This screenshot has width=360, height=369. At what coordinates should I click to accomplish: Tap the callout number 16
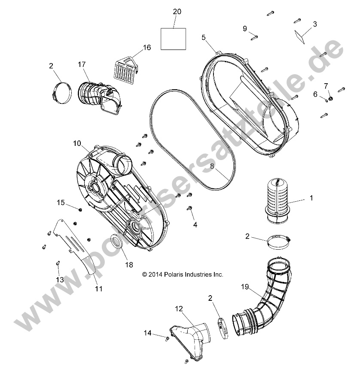pyautogui.click(x=147, y=48)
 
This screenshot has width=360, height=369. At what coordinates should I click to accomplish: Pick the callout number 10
pyautogui.click(x=76, y=142)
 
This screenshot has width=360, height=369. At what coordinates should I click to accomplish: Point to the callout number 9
pyautogui.click(x=244, y=28)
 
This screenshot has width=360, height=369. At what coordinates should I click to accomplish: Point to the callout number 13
pyautogui.click(x=60, y=279)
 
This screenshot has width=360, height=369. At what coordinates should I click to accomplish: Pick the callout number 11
pyautogui.click(x=99, y=289)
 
